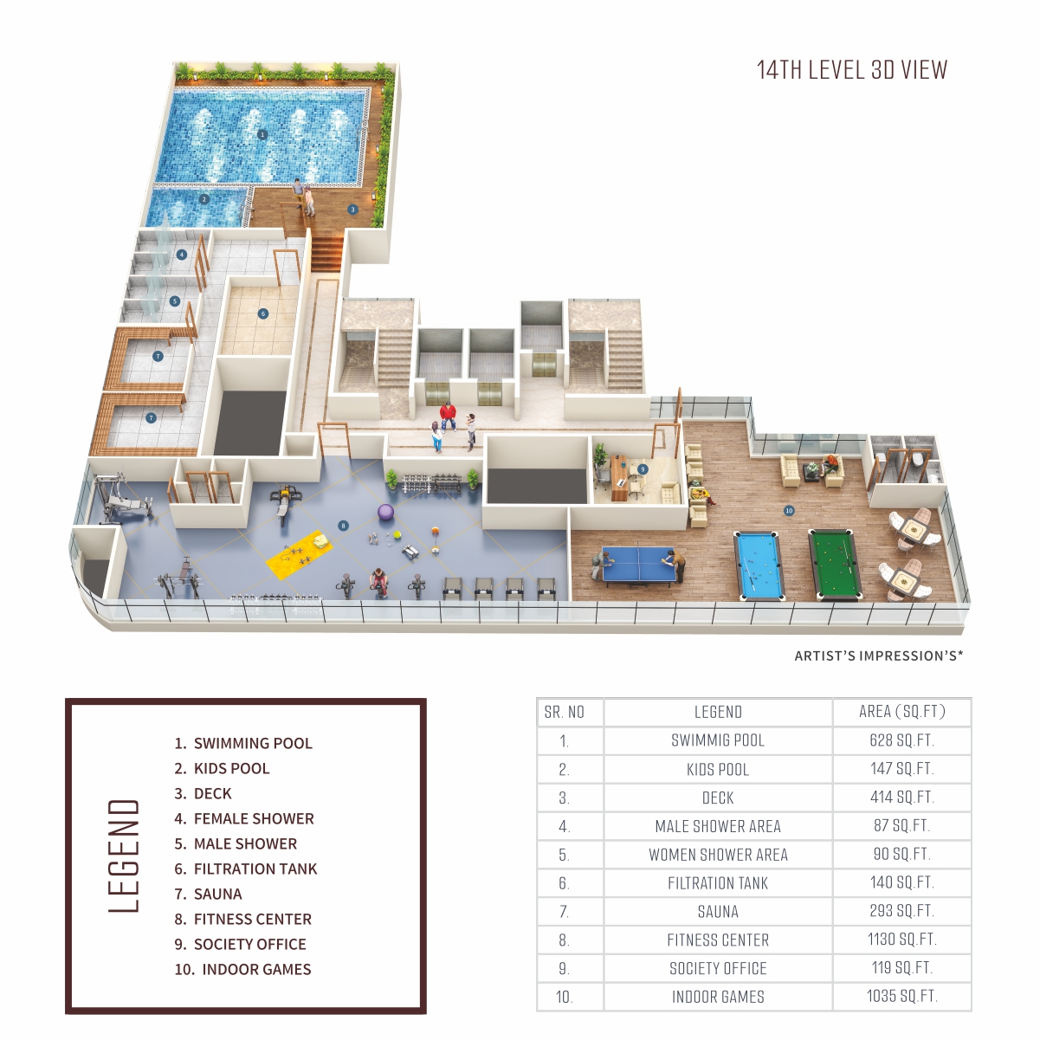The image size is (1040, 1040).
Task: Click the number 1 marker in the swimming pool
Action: click(x=262, y=134)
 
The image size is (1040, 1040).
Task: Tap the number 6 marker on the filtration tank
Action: click(x=263, y=313)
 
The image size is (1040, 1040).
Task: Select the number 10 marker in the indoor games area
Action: click(x=789, y=511)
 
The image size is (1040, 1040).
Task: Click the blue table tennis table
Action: click(x=638, y=565)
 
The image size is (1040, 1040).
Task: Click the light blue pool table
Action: click(x=758, y=565)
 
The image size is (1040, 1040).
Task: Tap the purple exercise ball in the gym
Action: click(x=385, y=512)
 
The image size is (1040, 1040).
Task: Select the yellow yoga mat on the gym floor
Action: click(x=299, y=555)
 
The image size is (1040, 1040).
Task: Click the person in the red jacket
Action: click(x=448, y=417)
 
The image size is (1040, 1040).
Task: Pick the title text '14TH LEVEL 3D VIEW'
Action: click(x=851, y=70)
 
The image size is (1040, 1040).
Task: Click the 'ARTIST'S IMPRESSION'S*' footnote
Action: click(x=879, y=656)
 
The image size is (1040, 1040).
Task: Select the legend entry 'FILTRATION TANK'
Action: click(x=255, y=869)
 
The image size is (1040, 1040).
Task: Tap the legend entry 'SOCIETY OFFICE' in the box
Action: click(x=250, y=944)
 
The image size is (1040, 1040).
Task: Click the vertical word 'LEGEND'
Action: click(x=124, y=856)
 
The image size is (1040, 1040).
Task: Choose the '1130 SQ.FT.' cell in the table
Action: click(x=901, y=940)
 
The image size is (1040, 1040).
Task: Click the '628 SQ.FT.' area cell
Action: click(x=901, y=740)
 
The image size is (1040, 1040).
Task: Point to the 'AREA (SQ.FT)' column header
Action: click(x=901, y=711)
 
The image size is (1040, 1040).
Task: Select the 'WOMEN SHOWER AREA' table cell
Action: click(x=718, y=855)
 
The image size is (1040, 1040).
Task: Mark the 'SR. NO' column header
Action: click(x=564, y=713)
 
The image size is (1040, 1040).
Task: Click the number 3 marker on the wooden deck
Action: click(x=352, y=210)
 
